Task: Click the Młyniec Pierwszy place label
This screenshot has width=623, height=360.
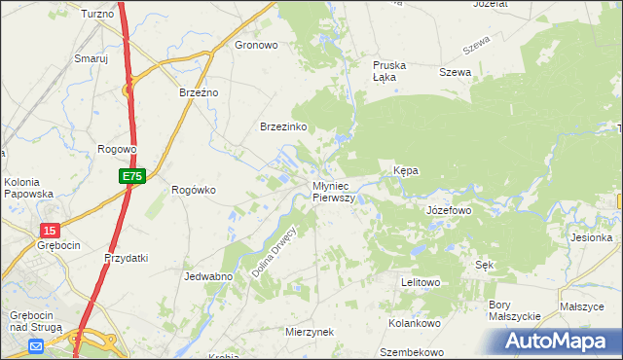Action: tap(333, 191)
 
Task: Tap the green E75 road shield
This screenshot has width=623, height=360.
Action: tap(133, 176)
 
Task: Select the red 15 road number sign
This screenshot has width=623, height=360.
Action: tap(50, 230)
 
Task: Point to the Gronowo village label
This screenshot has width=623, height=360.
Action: tap(257, 45)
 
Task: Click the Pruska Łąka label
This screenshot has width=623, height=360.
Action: tap(389, 71)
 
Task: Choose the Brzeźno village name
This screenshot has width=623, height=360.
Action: tap(200, 92)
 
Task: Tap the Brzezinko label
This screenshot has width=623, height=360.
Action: tap(284, 126)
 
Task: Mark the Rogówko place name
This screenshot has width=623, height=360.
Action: tap(193, 190)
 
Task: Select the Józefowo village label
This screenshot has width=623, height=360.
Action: tap(449, 209)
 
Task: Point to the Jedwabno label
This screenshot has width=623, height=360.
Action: tap(206, 276)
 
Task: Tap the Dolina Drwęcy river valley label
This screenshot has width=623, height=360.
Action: tap(275, 252)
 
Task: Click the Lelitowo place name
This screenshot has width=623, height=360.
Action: tap(421, 282)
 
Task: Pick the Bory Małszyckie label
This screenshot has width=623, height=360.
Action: tap(513, 310)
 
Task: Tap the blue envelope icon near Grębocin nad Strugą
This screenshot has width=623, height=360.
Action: tap(36, 345)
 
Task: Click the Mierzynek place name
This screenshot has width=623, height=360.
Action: tap(310, 332)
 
